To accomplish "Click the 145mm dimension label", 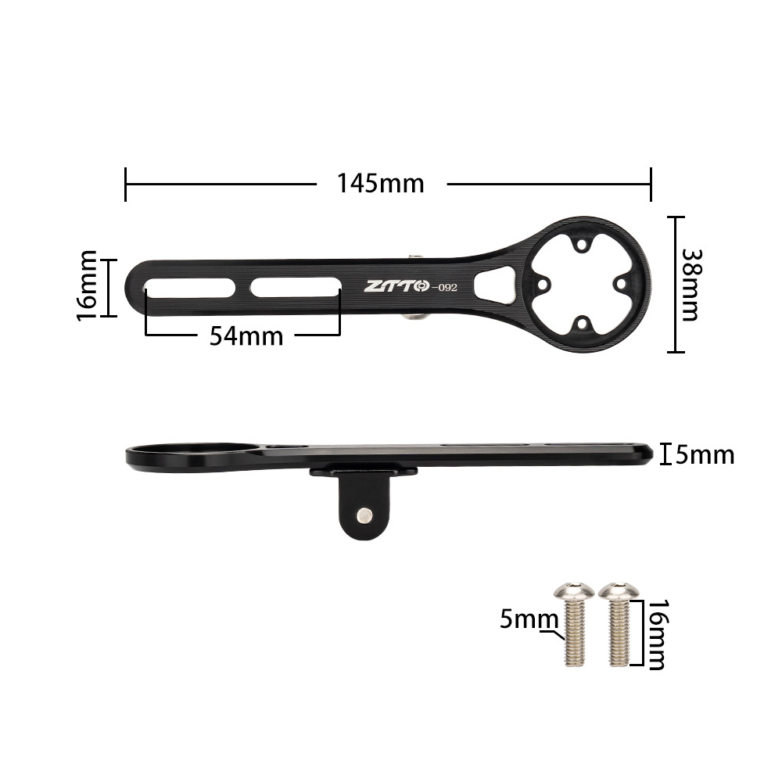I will click(x=381, y=183).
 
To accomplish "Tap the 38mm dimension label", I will click(x=690, y=285).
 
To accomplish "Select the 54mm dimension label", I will click(x=246, y=336).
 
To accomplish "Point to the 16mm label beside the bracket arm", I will click(x=87, y=286).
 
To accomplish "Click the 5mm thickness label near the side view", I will click(x=705, y=454).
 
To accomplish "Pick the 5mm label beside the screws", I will click(x=528, y=620).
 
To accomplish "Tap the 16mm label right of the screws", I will click(x=655, y=635).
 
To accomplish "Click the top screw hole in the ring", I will click(x=579, y=246).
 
